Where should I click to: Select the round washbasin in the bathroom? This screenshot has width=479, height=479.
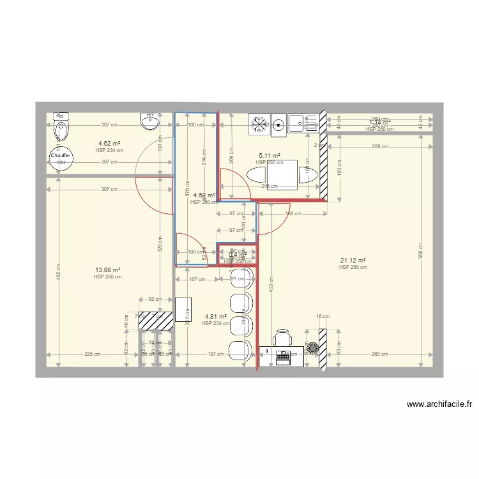[151, 122]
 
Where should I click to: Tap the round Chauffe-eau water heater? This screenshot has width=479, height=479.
[61, 157]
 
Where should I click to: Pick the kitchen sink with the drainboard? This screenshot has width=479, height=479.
[303, 123]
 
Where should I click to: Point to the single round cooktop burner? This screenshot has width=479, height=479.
[278, 125]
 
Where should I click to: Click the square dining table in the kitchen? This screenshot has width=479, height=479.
[281, 175]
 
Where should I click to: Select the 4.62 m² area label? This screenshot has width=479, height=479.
[109, 144]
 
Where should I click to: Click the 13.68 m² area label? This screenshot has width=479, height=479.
[107, 270]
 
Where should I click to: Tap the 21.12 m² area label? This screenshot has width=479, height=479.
[353, 261]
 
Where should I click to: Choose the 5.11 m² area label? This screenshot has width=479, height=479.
[270, 155]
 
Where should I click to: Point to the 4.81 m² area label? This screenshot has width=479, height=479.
[215, 316]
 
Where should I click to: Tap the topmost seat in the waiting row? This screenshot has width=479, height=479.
[244, 275]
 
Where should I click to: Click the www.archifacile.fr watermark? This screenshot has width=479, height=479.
[439, 404]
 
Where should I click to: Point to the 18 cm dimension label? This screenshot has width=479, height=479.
[323, 316]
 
